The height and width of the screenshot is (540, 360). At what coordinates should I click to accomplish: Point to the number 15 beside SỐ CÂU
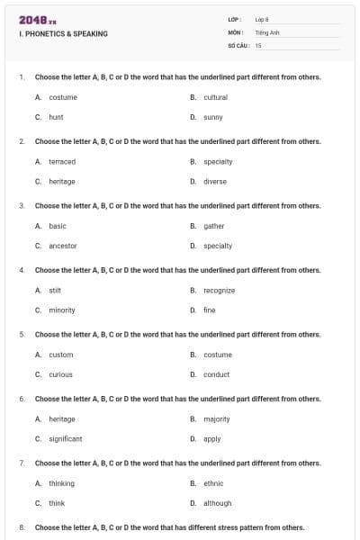coord(258,44)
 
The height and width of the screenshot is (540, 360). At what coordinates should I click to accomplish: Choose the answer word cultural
coord(216,97)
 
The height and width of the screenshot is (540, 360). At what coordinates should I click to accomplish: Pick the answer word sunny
coord(213,117)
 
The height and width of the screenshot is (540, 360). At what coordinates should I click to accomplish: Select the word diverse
coord(215,181)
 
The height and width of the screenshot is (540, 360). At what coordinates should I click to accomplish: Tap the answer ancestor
coord(63,246)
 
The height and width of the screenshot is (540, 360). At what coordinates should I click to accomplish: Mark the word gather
coord(214,226)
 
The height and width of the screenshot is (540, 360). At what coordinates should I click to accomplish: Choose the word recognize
coord(219,291)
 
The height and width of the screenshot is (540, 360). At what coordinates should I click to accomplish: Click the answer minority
coord(62,310)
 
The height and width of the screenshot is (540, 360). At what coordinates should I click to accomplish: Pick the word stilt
coord(54,291)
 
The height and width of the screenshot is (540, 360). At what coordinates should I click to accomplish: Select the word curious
coord(60,374)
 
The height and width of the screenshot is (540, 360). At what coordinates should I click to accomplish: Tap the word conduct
coord(216,374)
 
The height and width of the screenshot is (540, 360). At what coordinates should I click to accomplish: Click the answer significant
coord(65,439)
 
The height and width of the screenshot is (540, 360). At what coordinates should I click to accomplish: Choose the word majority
coord(217,418)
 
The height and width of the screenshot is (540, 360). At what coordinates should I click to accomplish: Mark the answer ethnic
coord(213,483)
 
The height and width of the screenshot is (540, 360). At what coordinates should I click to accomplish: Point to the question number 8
coord(21,527)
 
